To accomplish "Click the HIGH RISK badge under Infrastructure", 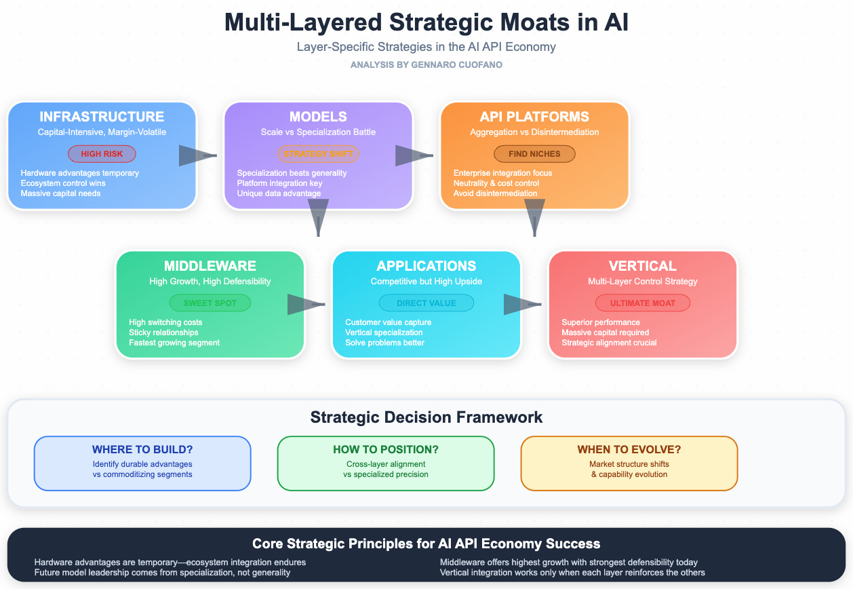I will click(102, 154).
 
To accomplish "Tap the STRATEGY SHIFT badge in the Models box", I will click(318, 154).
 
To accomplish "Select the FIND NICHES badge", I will click(534, 154).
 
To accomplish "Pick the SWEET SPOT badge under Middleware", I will click(210, 303).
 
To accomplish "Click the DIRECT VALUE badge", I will click(426, 303).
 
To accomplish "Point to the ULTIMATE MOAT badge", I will click(643, 303).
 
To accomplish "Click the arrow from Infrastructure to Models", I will click(197, 155).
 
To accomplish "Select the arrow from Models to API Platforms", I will click(414, 155).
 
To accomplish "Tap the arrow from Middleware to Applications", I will click(306, 305).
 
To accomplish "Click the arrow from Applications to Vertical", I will click(522, 305).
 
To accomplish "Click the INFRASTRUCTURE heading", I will click(102, 117).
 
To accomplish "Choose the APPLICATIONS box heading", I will click(426, 266).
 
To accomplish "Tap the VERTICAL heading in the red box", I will click(643, 266).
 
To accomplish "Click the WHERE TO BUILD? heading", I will click(142, 450).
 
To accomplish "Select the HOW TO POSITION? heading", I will click(386, 450).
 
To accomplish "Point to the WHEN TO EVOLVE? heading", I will click(629, 450).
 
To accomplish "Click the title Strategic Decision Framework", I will click(426, 417).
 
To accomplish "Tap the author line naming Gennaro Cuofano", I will click(426, 64).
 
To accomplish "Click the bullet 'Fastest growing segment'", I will click(174, 343).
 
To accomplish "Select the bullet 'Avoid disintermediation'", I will click(496, 193).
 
